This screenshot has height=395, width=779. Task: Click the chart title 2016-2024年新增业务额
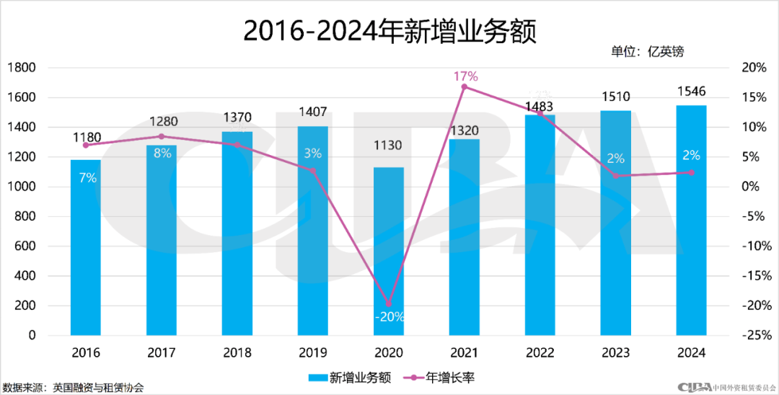coord(389,31)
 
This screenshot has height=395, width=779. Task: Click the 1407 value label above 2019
coord(312,112)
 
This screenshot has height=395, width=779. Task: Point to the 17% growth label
coord(465,76)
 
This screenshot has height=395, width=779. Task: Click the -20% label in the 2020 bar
coord(389,316)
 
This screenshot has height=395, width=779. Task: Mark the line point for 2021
coord(465,86)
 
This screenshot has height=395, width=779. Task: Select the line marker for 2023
coord(616,175)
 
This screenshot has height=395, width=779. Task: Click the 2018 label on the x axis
coord(237,353)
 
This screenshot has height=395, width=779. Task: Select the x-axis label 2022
coord(540,353)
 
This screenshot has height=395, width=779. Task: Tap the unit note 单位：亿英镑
coord(647,51)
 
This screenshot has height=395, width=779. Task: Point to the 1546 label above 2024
coord(691,92)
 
